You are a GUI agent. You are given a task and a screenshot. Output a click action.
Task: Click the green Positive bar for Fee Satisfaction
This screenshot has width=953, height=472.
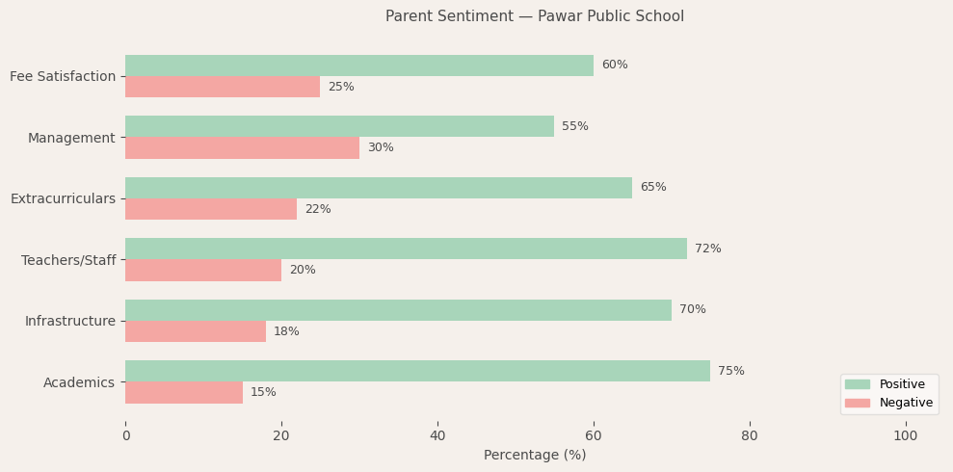(x=359, y=66)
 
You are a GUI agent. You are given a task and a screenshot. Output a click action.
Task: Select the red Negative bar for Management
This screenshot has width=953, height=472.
(x=242, y=148)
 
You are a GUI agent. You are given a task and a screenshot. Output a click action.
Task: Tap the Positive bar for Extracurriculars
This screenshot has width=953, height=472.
(x=379, y=188)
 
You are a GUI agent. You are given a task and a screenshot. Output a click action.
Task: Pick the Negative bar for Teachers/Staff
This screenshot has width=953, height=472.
(x=203, y=271)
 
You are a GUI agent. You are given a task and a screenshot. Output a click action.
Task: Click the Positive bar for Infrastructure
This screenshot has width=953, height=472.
(x=398, y=310)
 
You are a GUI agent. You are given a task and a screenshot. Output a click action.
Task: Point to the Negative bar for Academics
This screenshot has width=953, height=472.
(x=184, y=393)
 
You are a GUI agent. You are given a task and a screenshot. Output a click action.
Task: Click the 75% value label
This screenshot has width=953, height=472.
(x=731, y=372)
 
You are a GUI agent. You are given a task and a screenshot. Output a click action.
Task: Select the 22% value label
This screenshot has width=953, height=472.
(x=318, y=210)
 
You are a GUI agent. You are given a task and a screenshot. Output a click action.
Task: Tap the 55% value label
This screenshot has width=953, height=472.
(x=575, y=127)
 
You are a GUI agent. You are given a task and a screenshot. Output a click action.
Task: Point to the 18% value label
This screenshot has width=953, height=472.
(x=286, y=332)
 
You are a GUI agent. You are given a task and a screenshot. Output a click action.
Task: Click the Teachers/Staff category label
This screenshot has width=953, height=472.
(x=68, y=261)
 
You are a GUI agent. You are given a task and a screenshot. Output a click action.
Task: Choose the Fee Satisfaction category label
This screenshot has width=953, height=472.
(x=63, y=77)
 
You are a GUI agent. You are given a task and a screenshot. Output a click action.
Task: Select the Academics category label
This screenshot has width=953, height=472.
(x=79, y=383)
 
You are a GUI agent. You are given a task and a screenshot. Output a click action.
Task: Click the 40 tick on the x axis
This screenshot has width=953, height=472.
(x=437, y=436)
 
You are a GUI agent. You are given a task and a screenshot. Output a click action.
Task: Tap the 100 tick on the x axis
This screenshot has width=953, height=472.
(x=906, y=436)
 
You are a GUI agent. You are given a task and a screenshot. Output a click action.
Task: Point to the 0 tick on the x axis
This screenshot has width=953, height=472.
(x=125, y=436)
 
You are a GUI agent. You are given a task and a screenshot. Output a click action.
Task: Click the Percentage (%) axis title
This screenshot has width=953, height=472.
(x=535, y=456)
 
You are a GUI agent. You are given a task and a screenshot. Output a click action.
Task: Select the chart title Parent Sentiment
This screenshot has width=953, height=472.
(x=535, y=16)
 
